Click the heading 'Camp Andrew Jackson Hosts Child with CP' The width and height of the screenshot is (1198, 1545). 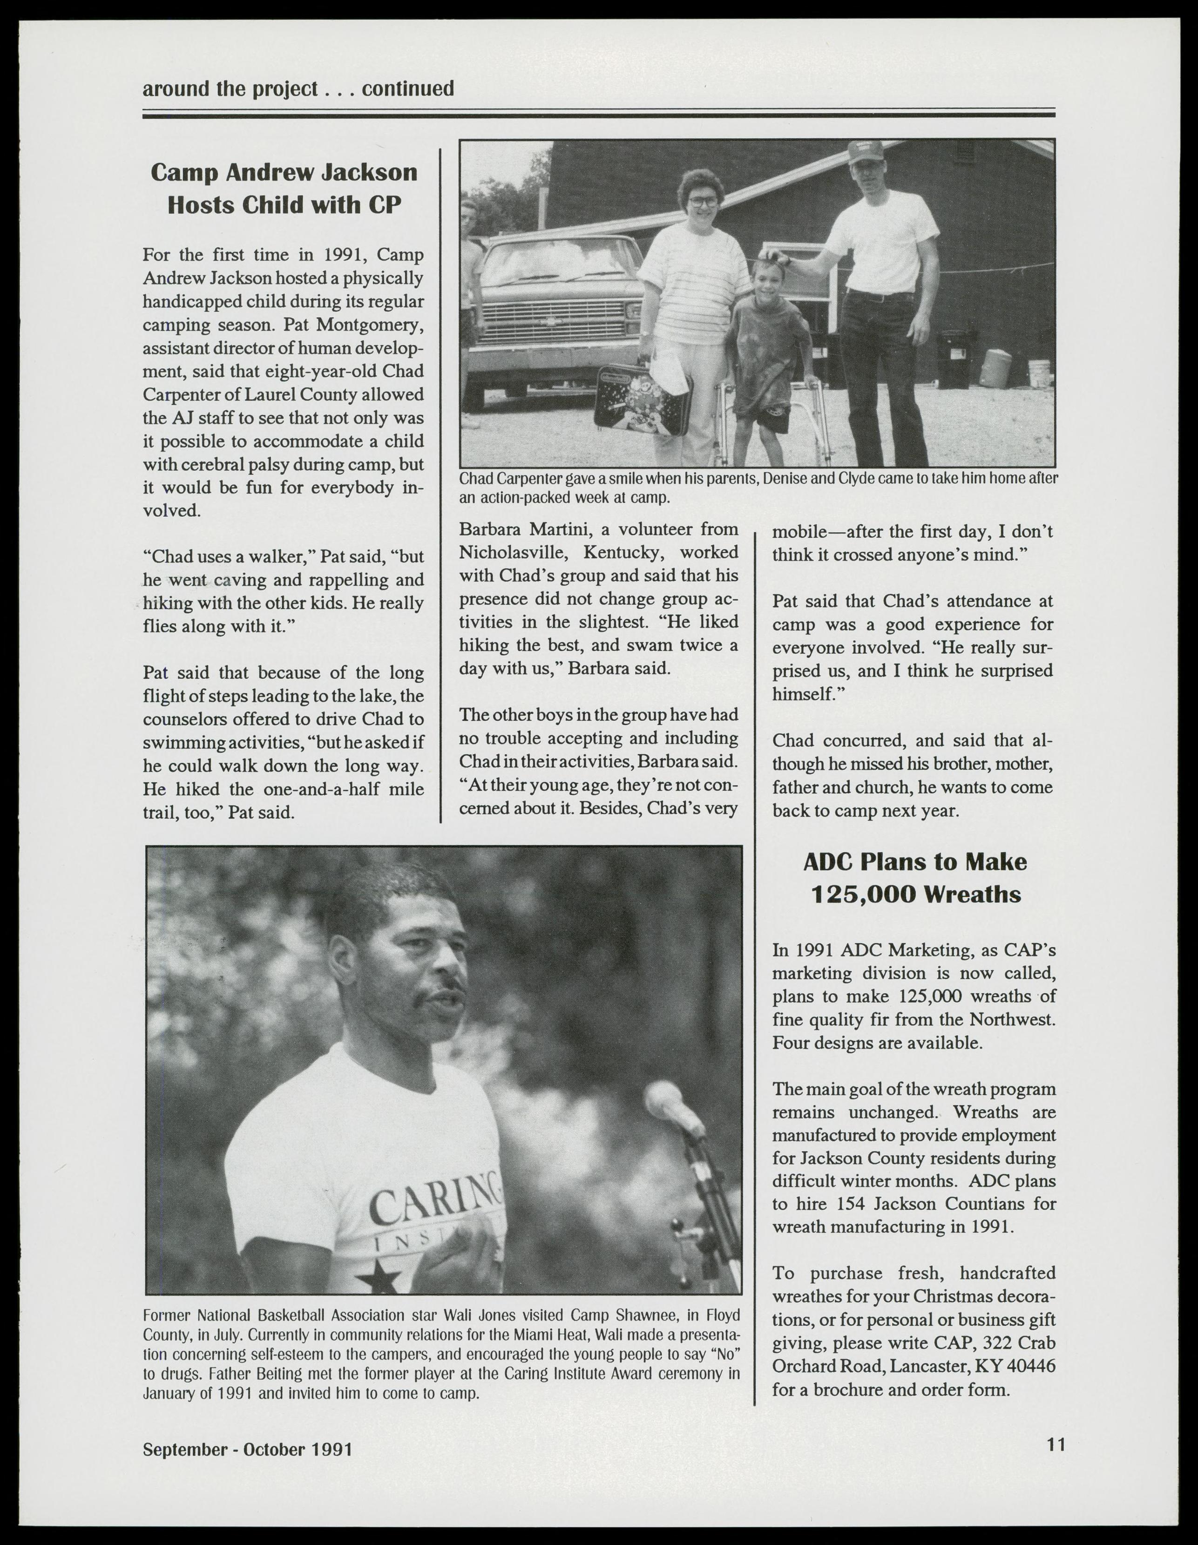click(x=284, y=188)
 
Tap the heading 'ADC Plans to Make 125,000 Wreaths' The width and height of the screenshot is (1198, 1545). click(x=915, y=878)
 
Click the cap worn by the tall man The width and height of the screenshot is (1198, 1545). click(x=866, y=150)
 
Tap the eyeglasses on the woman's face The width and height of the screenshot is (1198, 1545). click(x=702, y=202)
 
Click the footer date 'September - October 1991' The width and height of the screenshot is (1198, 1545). click(x=248, y=1449)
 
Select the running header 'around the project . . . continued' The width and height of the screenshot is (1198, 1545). click(x=298, y=89)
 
